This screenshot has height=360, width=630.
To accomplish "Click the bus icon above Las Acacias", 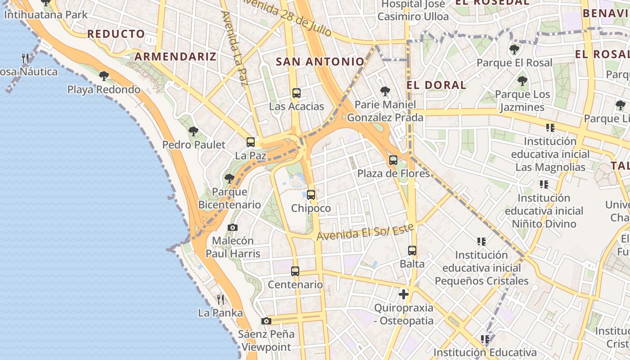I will [x=296, y=93].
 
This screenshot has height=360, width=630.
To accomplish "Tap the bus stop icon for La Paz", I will [x=251, y=142].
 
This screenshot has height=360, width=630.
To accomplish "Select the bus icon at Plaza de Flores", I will [x=393, y=160].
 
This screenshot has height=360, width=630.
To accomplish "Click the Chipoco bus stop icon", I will [x=311, y=195].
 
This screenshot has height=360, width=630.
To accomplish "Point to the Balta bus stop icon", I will [x=412, y=251].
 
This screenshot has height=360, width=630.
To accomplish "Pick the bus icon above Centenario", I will [x=295, y=271].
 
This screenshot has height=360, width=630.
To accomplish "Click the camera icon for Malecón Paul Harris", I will [x=233, y=227].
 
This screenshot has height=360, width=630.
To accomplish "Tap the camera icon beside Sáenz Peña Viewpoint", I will [x=266, y=321].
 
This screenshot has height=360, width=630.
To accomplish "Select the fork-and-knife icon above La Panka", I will [x=220, y=299].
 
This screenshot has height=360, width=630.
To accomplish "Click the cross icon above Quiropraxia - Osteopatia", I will [x=404, y=295].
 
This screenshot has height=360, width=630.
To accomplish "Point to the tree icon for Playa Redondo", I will [x=104, y=76].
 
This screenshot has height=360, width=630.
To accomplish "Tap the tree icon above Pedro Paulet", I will [x=193, y=131].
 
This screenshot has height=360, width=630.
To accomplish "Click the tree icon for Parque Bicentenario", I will [x=229, y=179].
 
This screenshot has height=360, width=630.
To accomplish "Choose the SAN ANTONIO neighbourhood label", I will [x=320, y=62].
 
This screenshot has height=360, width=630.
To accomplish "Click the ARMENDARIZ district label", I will [x=175, y=56].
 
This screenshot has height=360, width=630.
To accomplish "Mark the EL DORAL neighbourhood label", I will [x=436, y=85].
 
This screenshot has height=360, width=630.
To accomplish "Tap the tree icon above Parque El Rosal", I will [x=514, y=49].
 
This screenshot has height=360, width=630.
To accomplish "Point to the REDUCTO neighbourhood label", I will [x=116, y=34].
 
